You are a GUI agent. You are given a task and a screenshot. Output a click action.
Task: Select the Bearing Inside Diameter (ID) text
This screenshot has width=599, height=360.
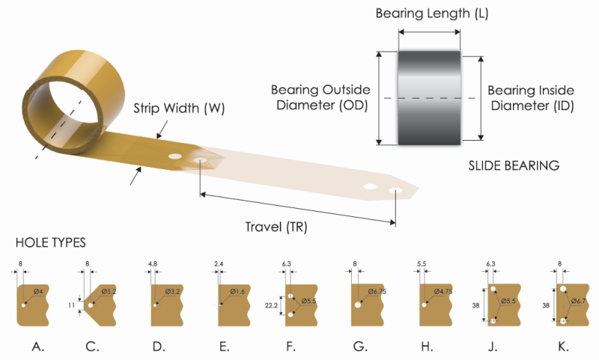(x=531, y=97)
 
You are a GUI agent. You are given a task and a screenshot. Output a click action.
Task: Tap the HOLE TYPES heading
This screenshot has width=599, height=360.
(x=51, y=242)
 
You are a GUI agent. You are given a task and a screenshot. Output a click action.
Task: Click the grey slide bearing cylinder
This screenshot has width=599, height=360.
(x=429, y=97)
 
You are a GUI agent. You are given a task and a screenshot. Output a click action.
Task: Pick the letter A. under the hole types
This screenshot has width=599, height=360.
(x=36, y=346)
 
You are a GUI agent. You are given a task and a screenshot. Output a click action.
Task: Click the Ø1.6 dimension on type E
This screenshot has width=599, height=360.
(x=238, y=291)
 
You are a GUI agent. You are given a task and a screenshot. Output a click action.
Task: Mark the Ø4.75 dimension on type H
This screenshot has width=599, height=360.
(x=443, y=291)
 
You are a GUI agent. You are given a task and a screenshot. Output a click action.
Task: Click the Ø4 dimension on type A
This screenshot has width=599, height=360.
(x=38, y=291)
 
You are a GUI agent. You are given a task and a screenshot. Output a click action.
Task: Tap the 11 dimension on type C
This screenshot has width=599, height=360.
(x=73, y=306)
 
